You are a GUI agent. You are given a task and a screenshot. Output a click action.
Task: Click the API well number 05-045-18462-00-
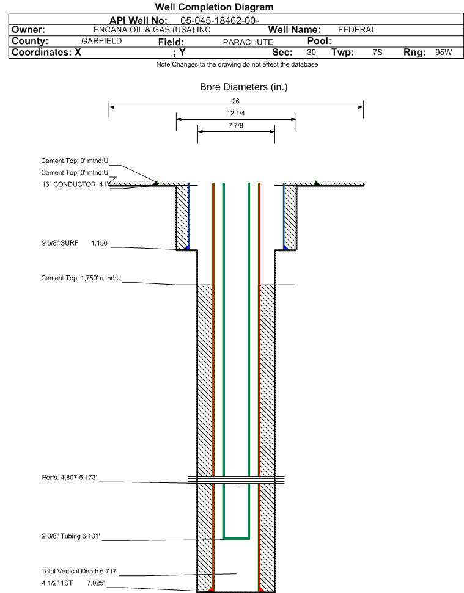tap(219, 20)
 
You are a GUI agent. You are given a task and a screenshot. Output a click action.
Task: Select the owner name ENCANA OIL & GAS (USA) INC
tap(152, 30)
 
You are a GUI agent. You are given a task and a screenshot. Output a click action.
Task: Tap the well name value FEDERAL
tap(357, 30)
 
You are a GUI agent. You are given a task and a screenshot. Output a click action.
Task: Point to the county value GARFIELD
tap(101, 41)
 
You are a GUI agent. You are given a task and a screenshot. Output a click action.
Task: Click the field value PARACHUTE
tap(248, 42)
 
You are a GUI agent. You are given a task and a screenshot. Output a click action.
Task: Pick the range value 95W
tap(444, 52)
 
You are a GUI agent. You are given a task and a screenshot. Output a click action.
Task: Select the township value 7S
tap(377, 52)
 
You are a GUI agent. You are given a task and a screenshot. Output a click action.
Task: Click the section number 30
tap(312, 52)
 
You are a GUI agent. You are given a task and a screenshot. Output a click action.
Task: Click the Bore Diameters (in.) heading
tap(244, 87)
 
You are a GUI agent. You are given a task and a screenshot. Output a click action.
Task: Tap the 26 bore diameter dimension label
tap(236, 101)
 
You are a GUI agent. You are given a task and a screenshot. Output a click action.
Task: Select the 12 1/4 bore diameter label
tap(236, 113)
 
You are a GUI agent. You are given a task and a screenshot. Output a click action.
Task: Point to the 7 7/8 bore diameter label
tap(236, 125)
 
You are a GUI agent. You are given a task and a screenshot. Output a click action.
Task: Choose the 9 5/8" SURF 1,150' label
tap(75, 243)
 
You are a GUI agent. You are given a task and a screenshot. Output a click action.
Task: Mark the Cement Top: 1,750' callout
tap(81, 278)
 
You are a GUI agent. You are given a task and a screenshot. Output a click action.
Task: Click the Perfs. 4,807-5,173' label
tap(69, 478)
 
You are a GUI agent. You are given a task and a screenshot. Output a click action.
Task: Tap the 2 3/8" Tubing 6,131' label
tap(71, 536)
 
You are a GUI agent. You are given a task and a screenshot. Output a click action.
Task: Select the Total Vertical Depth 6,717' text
tap(79, 571)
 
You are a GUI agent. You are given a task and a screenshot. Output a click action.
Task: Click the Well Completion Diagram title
tap(214, 7)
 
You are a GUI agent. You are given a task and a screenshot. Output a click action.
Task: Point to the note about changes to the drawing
tap(237, 64)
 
